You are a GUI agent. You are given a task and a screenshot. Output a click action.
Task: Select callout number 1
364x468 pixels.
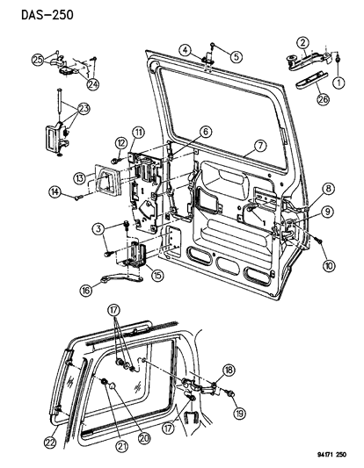[x=339, y=83]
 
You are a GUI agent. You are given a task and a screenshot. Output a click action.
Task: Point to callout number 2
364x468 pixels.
[x=302, y=42]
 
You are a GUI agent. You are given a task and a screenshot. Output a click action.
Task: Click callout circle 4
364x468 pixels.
[x=185, y=49]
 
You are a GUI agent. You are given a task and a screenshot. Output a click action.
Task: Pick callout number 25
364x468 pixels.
[x=37, y=61]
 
